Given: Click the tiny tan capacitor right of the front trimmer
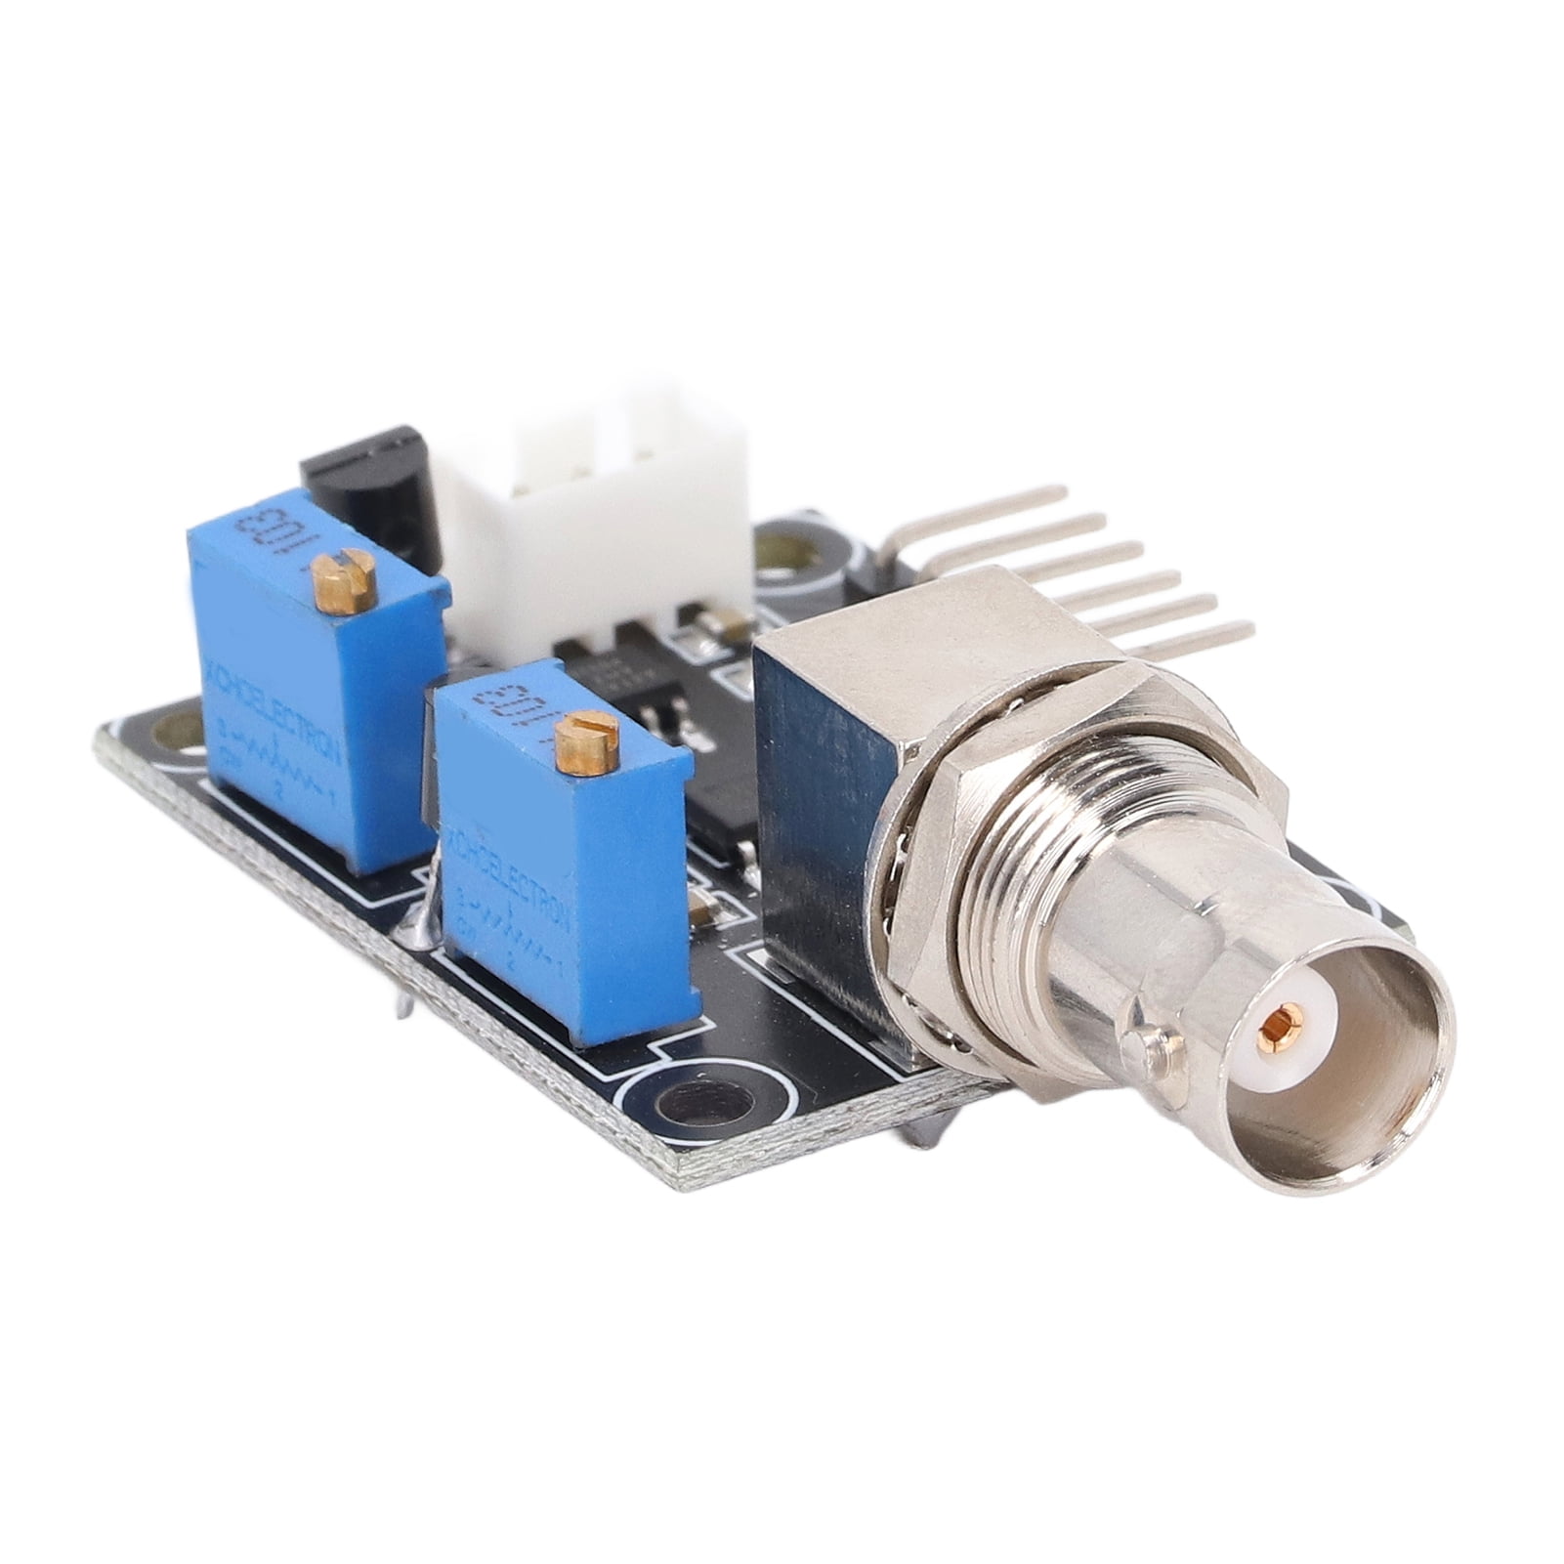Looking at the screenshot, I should click(701, 909).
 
